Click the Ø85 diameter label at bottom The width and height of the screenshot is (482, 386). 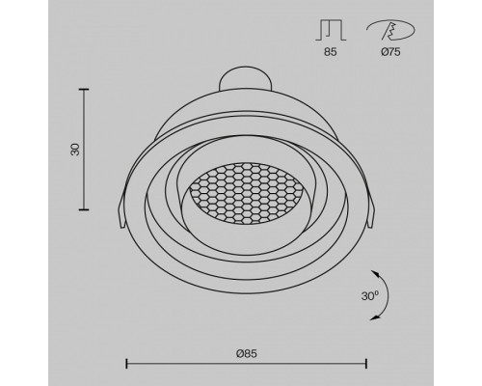[x=247, y=353]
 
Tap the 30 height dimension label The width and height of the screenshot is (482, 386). [x=75, y=150]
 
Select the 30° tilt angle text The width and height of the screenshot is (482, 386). [x=370, y=296]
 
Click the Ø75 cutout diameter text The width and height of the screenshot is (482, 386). [x=390, y=52]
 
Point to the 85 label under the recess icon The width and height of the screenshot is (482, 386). [x=331, y=52]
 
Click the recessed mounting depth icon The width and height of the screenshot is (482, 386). [x=331, y=30]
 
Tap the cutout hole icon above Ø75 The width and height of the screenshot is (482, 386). [x=390, y=30]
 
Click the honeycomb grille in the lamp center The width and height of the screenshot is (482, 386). [x=246, y=193]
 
